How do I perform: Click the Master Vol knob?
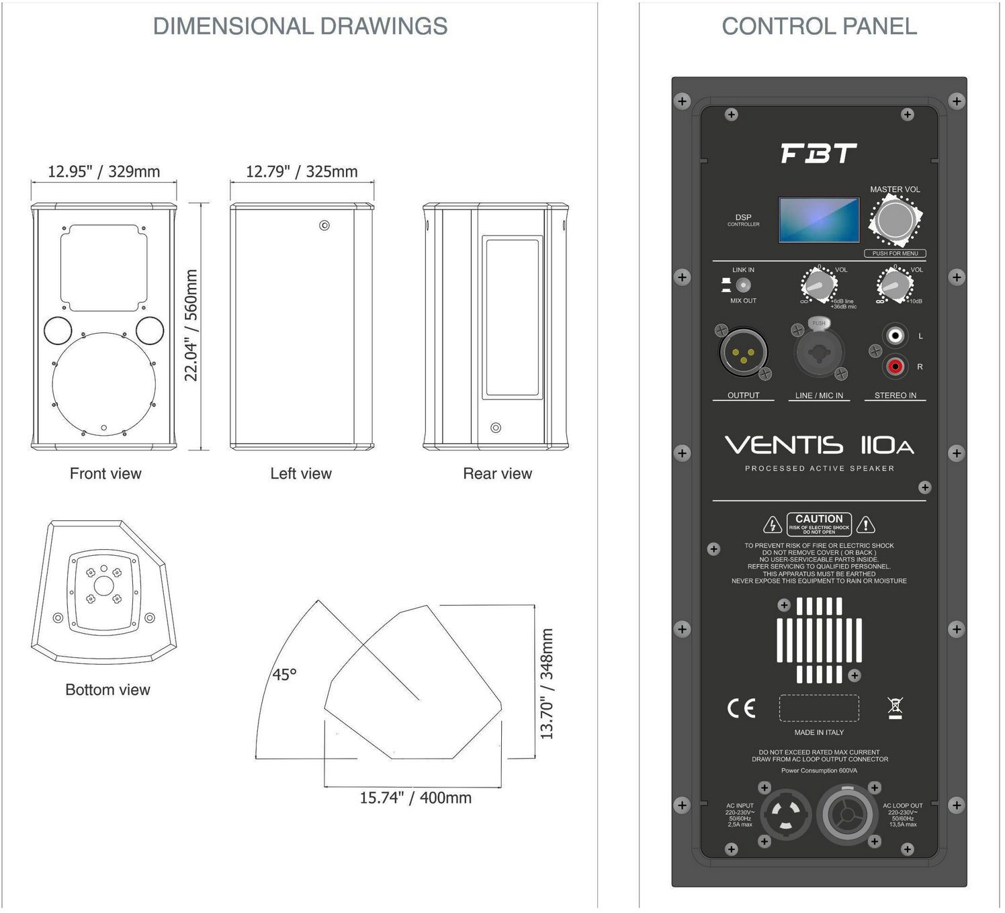(895, 220)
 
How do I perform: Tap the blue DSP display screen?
(818, 220)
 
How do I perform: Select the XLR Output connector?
(742, 352)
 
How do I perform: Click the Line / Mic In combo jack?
(818, 351)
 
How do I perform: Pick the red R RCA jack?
(895, 366)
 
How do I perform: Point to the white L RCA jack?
(895, 334)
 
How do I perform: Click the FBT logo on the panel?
(818, 154)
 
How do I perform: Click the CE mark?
(741, 708)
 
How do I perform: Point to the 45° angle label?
(284, 674)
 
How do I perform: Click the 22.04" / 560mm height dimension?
(191, 325)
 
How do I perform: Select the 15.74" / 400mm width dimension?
(415, 798)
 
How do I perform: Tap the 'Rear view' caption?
(497, 473)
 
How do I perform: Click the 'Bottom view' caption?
(107, 689)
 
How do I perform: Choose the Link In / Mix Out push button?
(742, 285)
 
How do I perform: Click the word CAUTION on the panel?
(818, 518)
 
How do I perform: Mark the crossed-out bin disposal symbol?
(895, 708)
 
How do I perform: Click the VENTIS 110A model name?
(818, 445)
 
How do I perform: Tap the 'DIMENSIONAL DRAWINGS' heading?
(300, 26)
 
